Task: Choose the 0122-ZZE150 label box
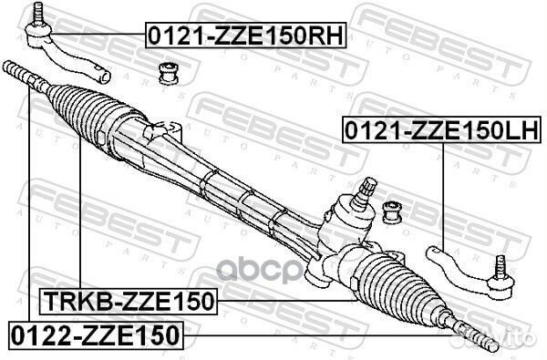(95, 334)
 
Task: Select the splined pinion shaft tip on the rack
(369, 190)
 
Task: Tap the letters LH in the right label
(526, 129)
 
